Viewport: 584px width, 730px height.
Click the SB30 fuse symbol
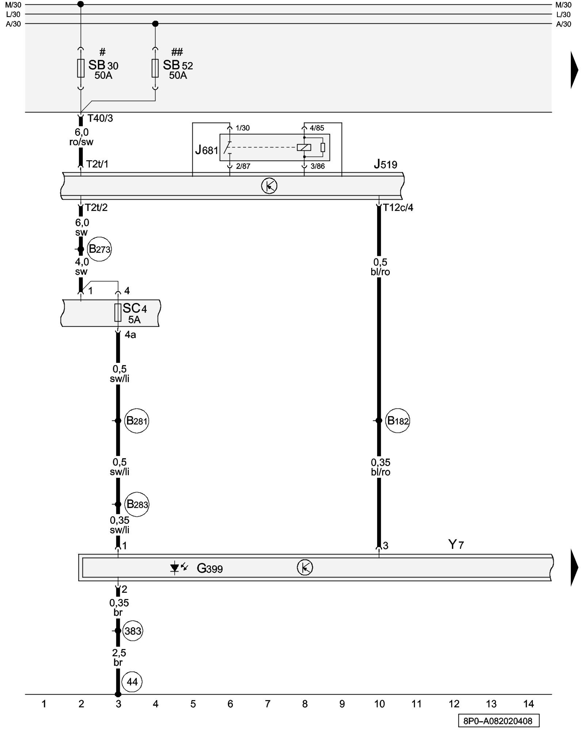click(x=81, y=68)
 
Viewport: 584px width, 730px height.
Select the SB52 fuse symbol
click(x=155, y=68)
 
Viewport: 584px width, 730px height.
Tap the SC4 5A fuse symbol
click(x=118, y=313)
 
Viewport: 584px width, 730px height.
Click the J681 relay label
click(x=206, y=150)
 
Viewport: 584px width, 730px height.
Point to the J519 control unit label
click(x=385, y=164)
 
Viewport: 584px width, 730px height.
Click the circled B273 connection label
click(x=99, y=249)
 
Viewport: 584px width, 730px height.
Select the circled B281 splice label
click(x=137, y=421)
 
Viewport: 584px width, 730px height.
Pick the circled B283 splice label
click(x=137, y=504)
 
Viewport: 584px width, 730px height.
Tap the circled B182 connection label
click(x=397, y=421)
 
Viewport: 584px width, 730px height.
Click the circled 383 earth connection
click(x=132, y=631)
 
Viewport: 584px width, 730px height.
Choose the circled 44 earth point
click(x=132, y=682)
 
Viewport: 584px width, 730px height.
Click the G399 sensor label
click(x=210, y=568)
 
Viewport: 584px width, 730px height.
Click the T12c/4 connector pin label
click(x=398, y=208)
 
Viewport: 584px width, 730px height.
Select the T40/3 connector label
click(x=100, y=118)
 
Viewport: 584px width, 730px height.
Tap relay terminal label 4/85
click(x=317, y=128)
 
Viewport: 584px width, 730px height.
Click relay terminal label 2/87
click(x=243, y=166)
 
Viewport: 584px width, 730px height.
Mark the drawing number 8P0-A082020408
click(x=498, y=721)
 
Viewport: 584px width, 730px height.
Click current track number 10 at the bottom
click(x=379, y=704)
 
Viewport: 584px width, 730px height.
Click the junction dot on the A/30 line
click(x=155, y=24)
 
